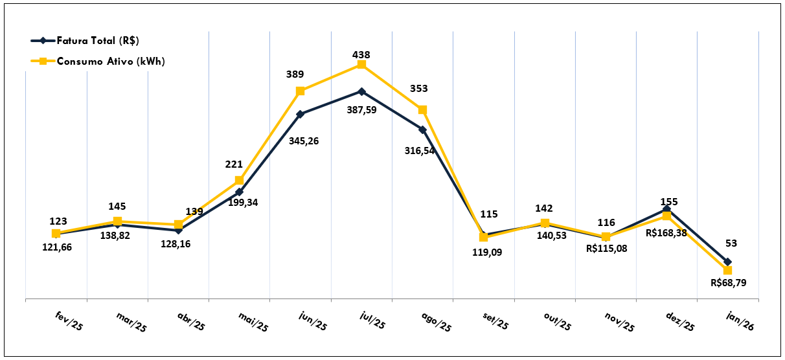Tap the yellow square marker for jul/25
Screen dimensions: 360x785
361,65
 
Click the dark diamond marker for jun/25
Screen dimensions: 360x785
301,114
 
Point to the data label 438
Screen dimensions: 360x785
361,55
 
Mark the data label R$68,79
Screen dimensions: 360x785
728,283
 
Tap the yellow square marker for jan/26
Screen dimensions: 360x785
728,270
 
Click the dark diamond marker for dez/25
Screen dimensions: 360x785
666,209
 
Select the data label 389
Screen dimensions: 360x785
295,75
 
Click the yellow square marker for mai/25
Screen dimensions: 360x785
240,180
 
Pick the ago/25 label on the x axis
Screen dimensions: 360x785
436,321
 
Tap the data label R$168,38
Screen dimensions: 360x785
666,231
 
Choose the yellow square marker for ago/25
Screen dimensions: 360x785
422,109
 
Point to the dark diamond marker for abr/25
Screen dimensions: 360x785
178,230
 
